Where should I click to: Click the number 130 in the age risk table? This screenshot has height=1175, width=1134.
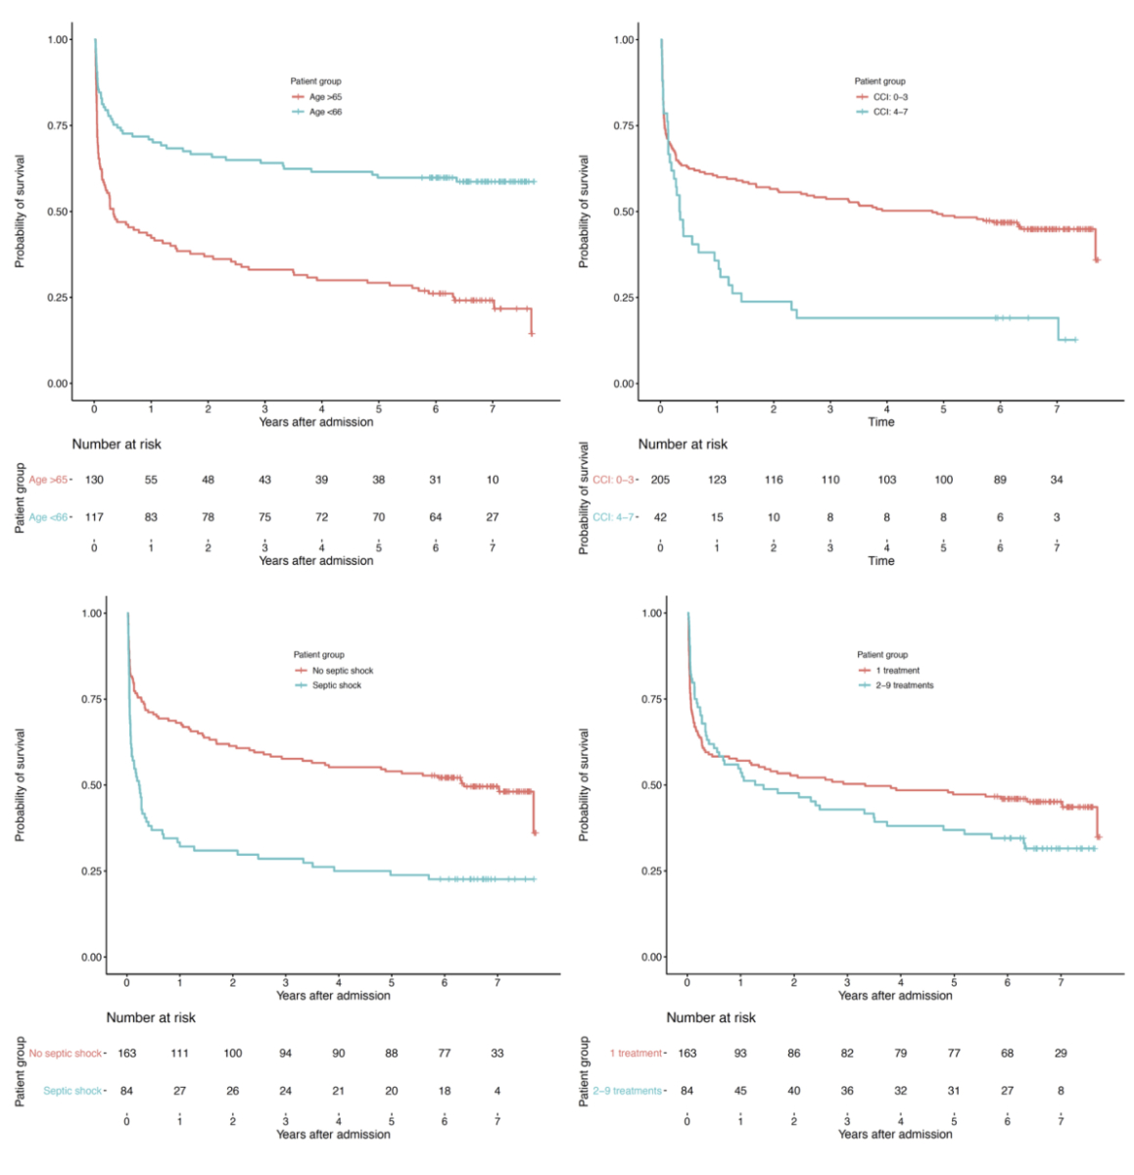pyautogui.click(x=94, y=480)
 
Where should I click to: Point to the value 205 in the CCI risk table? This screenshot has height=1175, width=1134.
pyautogui.click(x=660, y=480)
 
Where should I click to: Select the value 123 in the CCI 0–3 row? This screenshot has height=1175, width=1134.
pyautogui.click(x=717, y=480)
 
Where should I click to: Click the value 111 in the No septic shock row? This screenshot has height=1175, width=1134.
pyautogui.click(x=179, y=1054)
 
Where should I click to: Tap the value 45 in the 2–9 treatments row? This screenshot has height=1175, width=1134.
pyautogui.click(x=740, y=1091)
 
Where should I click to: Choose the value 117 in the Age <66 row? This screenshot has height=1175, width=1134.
pyautogui.click(x=94, y=517)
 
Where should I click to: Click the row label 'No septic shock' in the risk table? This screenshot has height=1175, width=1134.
pyautogui.click(x=65, y=1054)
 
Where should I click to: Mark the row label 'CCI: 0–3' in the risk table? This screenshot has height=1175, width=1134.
pyautogui.click(x=613, y=480)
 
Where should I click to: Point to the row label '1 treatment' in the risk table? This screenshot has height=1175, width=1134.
pyautogui.click(x=636, y=1054)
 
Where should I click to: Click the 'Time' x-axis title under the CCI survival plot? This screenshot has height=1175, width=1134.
pyautogui.click(x=881, y=422)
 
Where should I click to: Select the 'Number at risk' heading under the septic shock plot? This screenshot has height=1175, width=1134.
pyautogui.click(x=151, y=1017)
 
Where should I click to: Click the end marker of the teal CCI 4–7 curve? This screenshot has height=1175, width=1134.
pyautogui.click(x=1074, y=340)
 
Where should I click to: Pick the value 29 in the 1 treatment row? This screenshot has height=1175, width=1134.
pyautogui.click(x=1061, y=1054)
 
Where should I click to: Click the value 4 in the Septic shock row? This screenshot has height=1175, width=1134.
pyautogui.click(x=497, y=1091)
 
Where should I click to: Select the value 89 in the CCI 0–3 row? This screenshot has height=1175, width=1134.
pyautogui.click(x=1000, y=480)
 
